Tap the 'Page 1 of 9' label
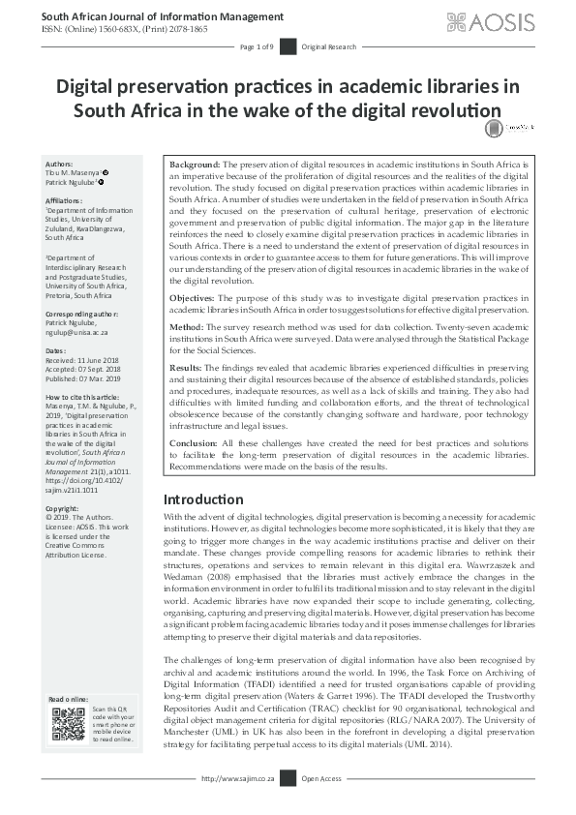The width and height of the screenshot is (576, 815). pyautogui.click(x=258, y=47)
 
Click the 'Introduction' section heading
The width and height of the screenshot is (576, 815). pyautogui.click(x=203, y=499)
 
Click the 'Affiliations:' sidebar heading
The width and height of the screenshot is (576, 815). pyautogui.click(x=65, y=200)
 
